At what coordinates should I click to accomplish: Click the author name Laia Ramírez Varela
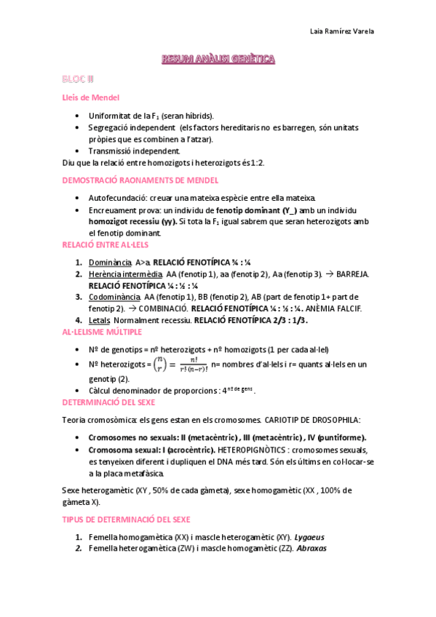point(343,31)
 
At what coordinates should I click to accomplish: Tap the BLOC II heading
point(78,78)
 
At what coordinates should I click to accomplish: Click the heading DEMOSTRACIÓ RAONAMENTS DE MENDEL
point(140,180)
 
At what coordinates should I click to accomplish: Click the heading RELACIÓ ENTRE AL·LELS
point(106,244)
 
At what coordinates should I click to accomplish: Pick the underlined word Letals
point(99,320)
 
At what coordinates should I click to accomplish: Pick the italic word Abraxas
point(312,549)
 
